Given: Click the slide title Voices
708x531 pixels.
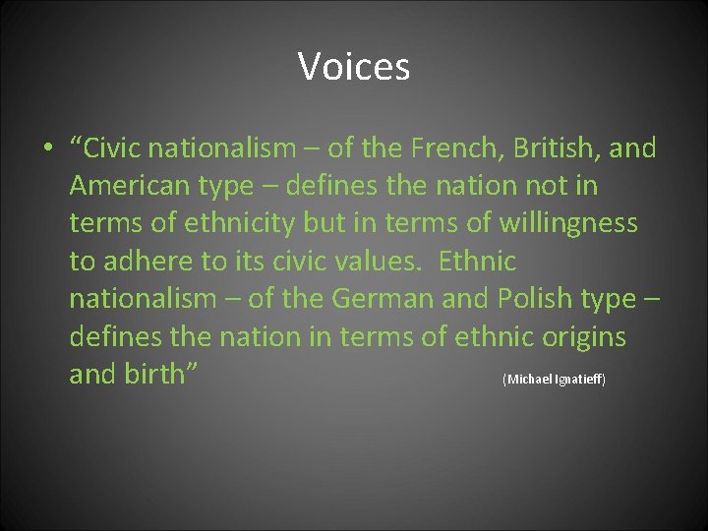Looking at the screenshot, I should click(354, 67).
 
